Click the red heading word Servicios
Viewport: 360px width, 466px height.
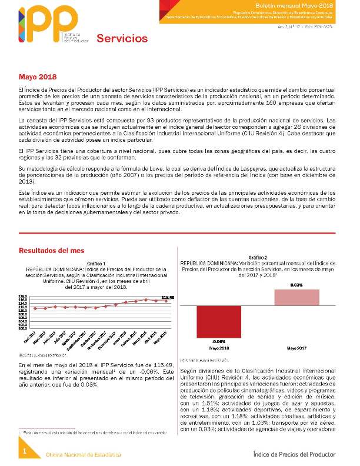point(122,39)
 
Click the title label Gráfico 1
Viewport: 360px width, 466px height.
point(96,264)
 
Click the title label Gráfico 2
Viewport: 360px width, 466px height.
point(258,258)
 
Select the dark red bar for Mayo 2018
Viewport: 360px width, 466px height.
point(219,321)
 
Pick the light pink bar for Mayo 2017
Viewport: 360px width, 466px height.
point(296,297)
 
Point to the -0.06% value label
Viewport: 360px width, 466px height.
point(219,341)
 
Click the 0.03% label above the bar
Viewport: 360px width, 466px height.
point(296,285)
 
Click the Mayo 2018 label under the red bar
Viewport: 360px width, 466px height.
point(219,349)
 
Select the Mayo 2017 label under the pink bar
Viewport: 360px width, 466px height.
point(296,349)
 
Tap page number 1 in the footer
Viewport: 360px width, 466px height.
point(25,451)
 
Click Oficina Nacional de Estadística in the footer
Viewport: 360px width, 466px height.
point(84,455)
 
